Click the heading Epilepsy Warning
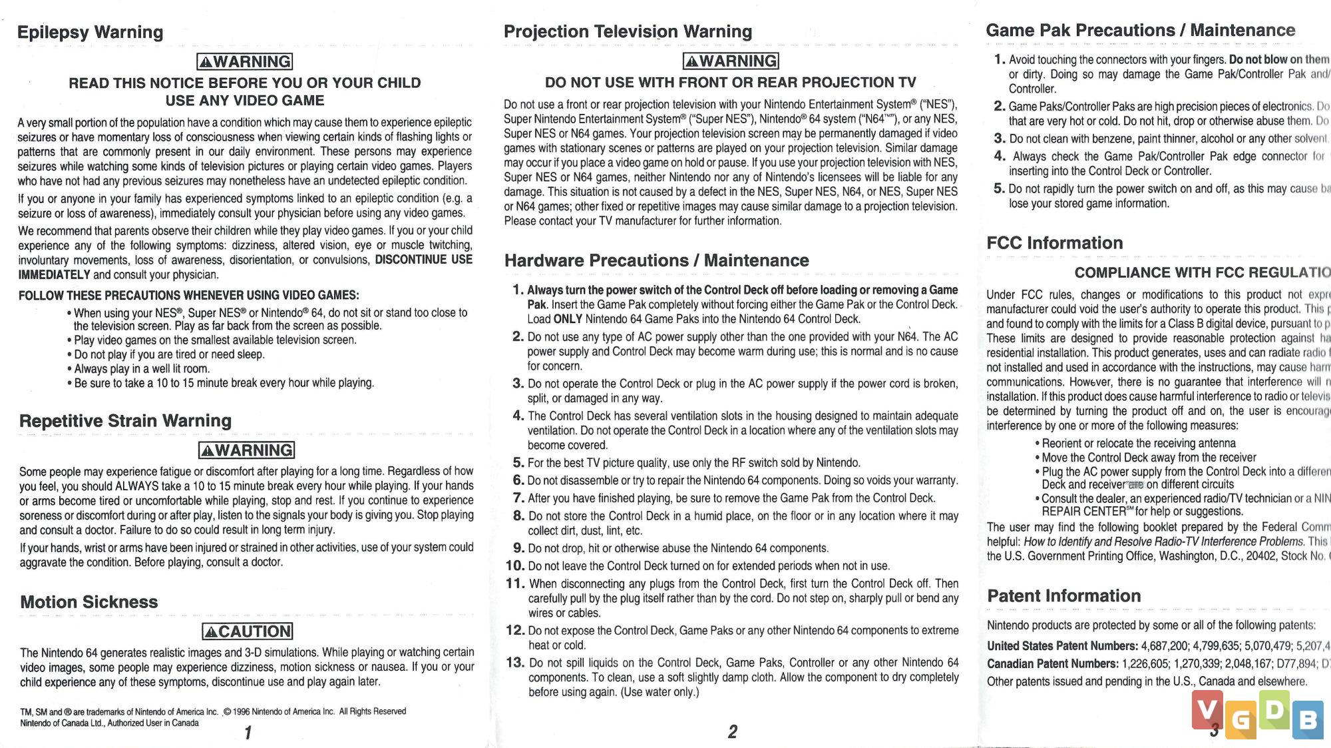pos(90,32)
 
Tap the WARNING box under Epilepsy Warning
pos(245,62)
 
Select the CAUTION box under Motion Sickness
pos(248,631)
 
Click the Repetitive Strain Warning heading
pos(125,421)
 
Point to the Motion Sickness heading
pos(89,602)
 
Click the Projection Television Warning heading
pos(628,31)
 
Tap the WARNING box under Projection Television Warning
pos(731,61)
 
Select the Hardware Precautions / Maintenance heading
pos(656,260)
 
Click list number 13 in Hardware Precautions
pos(515,663)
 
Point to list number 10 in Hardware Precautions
pos(515,566)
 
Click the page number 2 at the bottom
pos(733,732)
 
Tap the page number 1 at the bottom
pos(248,733)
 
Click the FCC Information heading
pos(1054,243)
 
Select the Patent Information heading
pos(1063,596)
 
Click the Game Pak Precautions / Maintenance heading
pos(1140,31)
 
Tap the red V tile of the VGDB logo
pos(1207,711)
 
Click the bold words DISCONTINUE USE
pos(423,260)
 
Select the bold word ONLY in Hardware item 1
pos(568,319)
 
